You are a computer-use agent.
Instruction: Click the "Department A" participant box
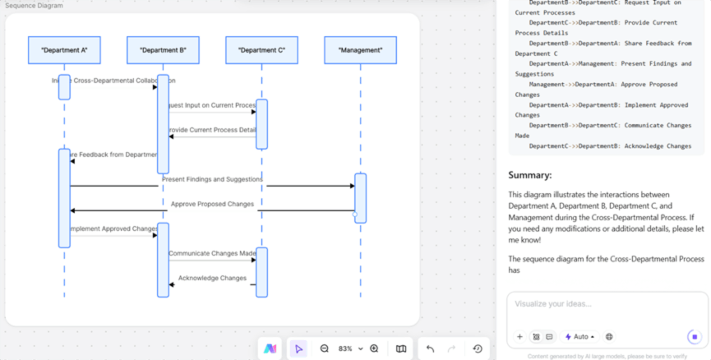coord(64,50)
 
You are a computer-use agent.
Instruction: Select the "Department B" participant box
coord(163,50)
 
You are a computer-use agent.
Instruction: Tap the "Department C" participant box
coord(261,50)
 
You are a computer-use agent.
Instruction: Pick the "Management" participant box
coord(360,50)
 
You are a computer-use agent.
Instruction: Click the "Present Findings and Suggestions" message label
coord(212,179)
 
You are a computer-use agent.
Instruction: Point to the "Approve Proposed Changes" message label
coord(212,204)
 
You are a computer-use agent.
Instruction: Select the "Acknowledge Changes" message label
coord(212,278)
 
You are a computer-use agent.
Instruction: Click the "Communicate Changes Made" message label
coord(212,253)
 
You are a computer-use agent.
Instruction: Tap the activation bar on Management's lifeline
coord(360,197)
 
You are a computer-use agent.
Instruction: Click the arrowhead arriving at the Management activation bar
coord(352,186)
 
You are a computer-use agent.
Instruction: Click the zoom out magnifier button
coord(325,348)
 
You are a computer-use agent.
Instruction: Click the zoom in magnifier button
coord(374,348)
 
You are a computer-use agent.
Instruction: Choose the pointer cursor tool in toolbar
coord(298,348)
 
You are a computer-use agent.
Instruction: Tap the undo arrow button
coord(430,348)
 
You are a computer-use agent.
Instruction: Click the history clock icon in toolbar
coord(478,348)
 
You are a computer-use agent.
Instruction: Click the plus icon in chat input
coord(519,336)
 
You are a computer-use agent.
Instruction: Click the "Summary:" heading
coord(529,175)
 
